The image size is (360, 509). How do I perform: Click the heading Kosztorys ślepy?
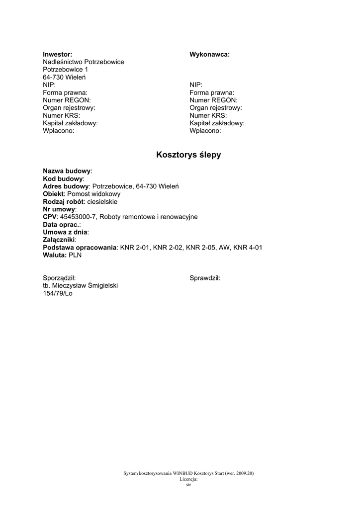click(188, 155)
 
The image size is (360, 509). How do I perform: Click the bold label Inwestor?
click(57, 54)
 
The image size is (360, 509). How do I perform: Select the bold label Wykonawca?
click(209, 54)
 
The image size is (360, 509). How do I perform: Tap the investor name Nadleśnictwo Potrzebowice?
click(83, 62)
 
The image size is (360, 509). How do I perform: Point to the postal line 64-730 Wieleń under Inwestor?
click(64, 78)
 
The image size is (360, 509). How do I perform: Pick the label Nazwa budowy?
click(67, 170)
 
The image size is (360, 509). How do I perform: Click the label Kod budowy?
click(63, 178)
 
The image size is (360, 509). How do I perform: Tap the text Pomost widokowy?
click(93, 194)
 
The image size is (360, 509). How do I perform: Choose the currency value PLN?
click(75, 255)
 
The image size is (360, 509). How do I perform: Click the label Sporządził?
click(59, 278)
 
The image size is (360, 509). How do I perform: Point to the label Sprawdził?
click(204, 278)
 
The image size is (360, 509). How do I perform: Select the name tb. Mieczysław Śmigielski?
click(80, 286)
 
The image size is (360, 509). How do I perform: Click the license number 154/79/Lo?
click(58, 293)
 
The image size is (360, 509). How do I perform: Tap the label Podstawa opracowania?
click(80, 248)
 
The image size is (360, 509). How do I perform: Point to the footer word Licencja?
click(188, 479)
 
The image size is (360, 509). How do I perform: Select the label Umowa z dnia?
click(65, 232)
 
